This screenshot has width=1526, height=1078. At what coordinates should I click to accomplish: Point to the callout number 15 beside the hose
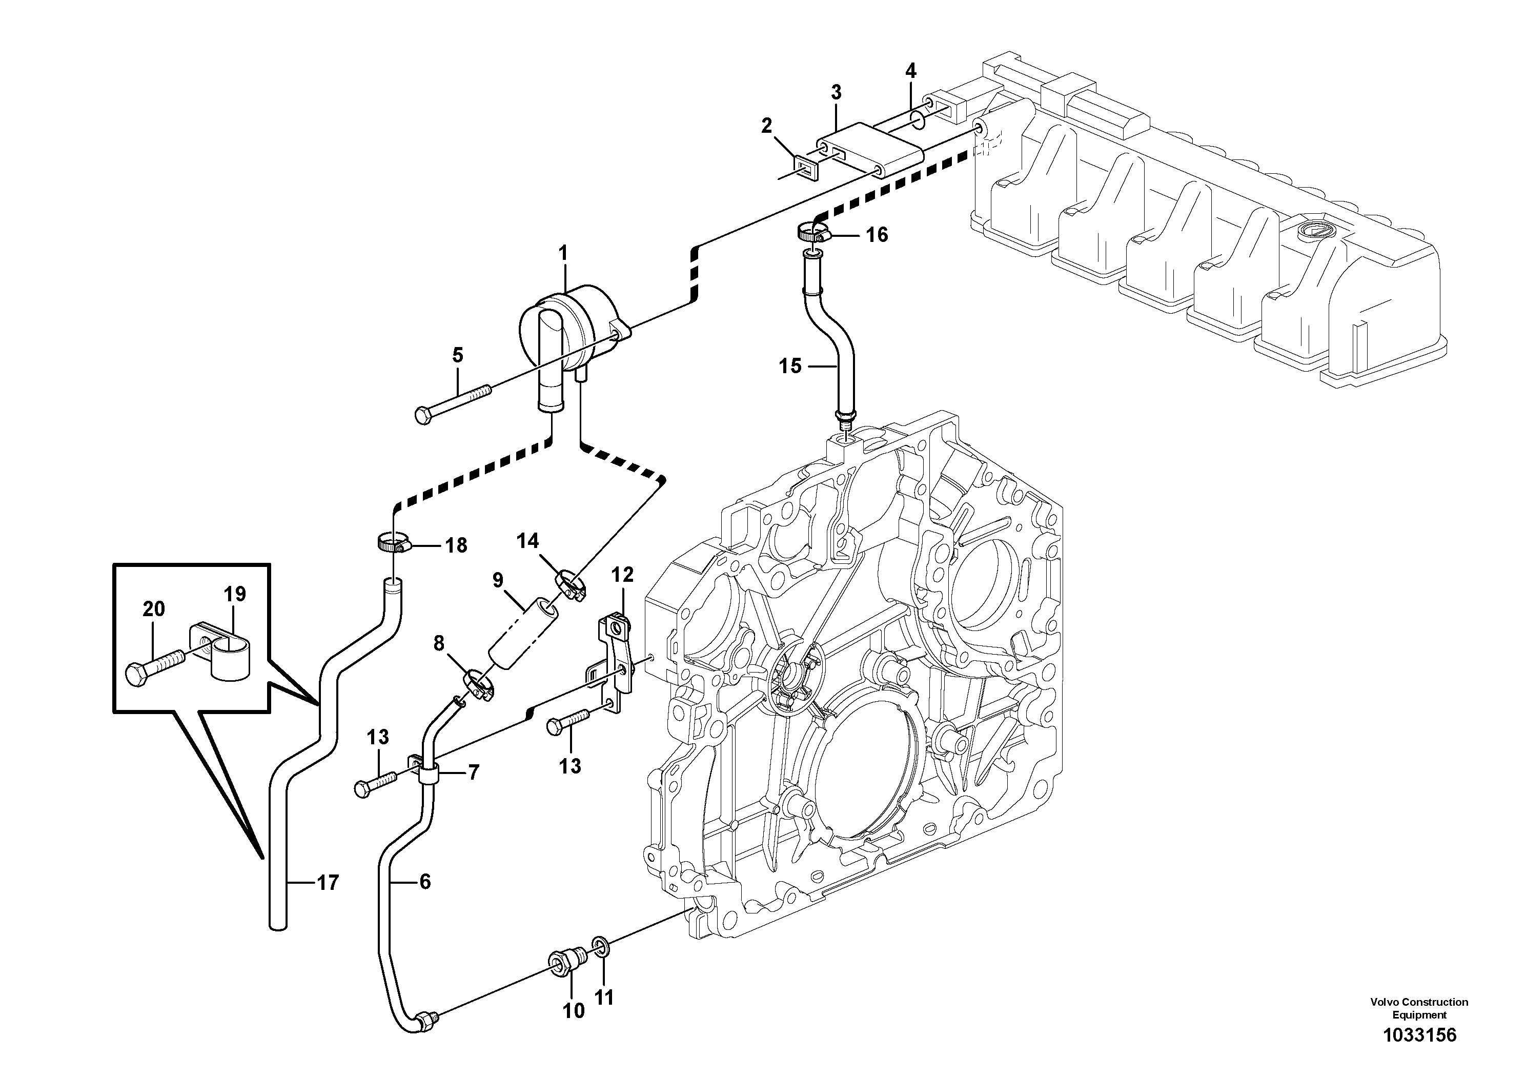[x=790, y=366]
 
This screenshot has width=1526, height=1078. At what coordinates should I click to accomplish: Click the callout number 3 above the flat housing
[x=836, y=92]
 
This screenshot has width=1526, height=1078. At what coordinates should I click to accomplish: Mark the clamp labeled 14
[x=569, y=583]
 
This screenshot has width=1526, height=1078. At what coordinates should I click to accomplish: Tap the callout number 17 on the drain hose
[x=328, y=883]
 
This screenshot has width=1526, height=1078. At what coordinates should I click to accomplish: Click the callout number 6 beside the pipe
[x=425, y=882]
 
